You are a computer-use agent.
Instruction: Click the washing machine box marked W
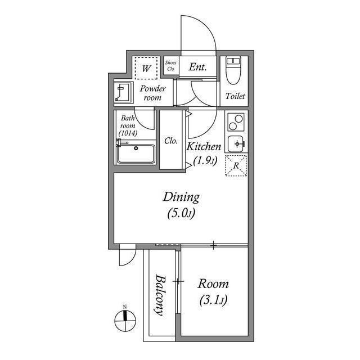(146, 69)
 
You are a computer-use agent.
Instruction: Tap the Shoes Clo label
(170, 66)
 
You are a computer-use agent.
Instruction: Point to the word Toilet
(235, 96)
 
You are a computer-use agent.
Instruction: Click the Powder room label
(152, 93)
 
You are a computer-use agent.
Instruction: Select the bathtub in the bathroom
(136, 154)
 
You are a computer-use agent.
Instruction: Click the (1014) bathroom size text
(127, 134)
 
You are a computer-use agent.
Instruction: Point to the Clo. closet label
(172, 141)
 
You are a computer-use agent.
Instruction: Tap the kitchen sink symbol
(236, 143)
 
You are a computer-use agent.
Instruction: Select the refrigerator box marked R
(236, 165)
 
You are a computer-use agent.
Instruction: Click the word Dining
(181, 197)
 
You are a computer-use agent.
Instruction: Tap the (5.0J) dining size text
(181, 213)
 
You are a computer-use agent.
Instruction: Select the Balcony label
(160, 295)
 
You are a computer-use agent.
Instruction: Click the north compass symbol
(125, 321)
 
